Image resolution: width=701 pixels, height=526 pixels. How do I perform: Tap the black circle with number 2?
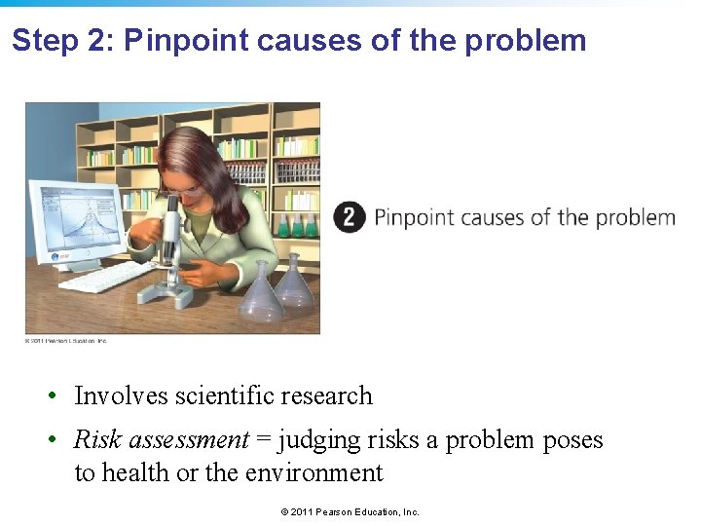[x=350, y=216]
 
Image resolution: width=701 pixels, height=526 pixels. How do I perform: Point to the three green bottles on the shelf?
[x=298, y=227]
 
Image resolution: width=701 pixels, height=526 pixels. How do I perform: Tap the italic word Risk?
[x=97, y=440]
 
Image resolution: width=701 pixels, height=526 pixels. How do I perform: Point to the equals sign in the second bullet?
[x=264, y=440]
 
